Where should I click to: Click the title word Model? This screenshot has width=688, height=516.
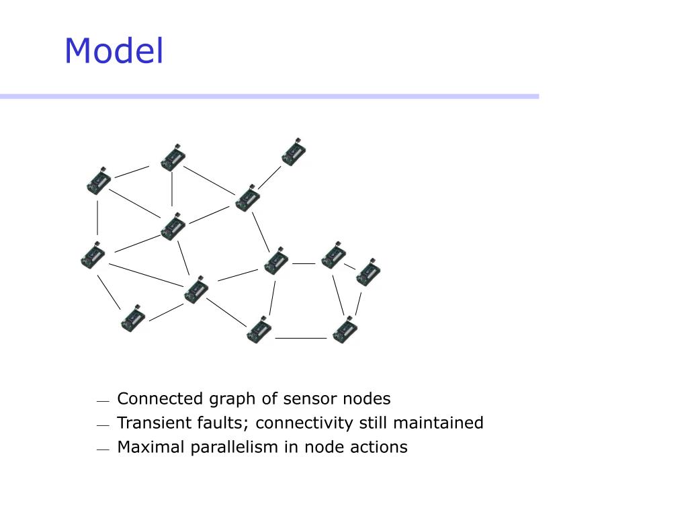pos(114,51)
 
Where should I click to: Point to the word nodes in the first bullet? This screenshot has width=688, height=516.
pos(366,398)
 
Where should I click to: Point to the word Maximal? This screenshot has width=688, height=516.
pos(147,447)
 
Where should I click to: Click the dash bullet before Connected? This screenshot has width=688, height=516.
pos(102,401)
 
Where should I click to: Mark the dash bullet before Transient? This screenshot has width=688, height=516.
pos(102,425)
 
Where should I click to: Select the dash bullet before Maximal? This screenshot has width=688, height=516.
pos(102,449)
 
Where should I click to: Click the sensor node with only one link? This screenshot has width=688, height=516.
pos(294,153)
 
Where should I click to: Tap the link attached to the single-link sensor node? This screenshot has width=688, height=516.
pos(269,177)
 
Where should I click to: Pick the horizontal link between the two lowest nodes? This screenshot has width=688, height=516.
pos(300,337)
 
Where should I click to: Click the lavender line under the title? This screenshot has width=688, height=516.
pos(269,97)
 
